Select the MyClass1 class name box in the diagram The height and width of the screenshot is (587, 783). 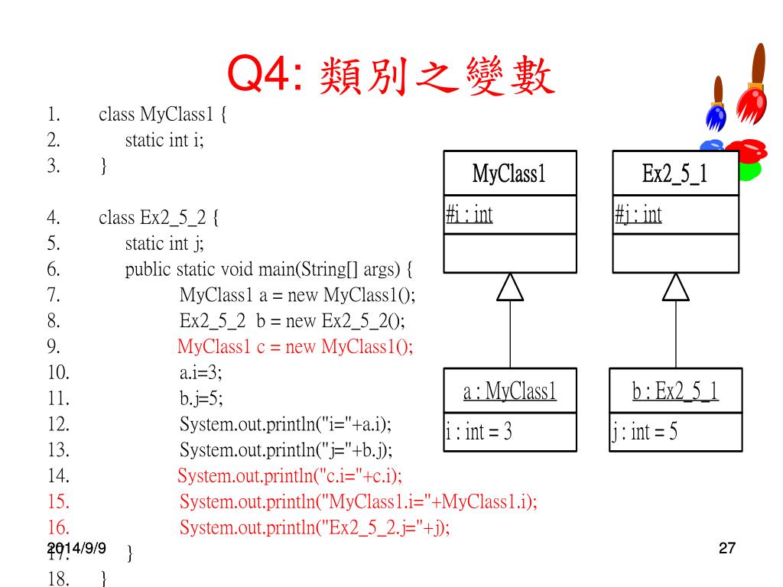(x=509, y=174)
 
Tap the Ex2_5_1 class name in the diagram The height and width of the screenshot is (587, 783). (x=675, y=174)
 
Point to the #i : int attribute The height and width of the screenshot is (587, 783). (x=469, y=215)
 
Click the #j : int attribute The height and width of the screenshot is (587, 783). (x=638, y=215)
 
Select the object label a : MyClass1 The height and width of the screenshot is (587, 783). (x=510, y=392)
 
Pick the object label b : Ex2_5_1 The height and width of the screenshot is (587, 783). (x=675, y=392)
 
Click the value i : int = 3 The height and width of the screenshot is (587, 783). (x=479, y=433)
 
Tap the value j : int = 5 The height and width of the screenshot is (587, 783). (x=645, y=433)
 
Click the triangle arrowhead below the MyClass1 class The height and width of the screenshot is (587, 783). (x=510, y=287)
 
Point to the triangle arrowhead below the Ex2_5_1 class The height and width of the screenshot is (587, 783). (x=676, y=287)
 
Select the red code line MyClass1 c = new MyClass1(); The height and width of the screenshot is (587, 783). (x=295, y=347)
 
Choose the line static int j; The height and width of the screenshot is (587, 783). (x=164, y=244)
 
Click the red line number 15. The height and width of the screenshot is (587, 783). (x=58, y=502)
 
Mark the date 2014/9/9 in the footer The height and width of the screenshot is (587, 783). (x=76, y=547)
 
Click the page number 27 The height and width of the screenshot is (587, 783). (x=727, y=548)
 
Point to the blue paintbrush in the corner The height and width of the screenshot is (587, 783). (x=716, y=107)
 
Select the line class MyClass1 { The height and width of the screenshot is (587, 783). (x=163, y=115)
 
